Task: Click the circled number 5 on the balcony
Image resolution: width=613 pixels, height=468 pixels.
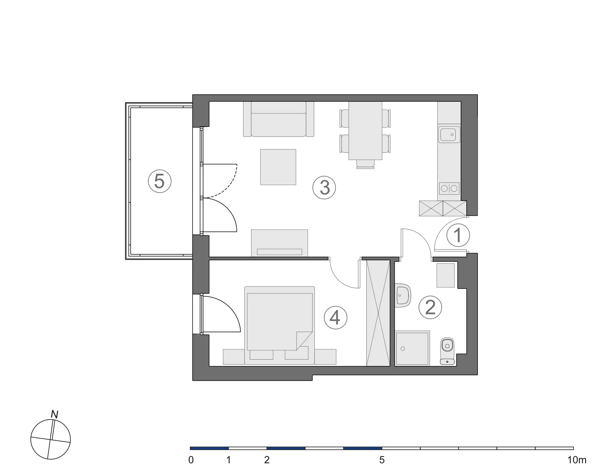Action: pos(159,181)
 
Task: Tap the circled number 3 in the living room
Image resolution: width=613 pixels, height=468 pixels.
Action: pos(324,187)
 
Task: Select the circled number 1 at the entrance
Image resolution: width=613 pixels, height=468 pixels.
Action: pos(458,235)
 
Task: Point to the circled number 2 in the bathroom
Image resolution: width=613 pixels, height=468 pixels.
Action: pos(430,308)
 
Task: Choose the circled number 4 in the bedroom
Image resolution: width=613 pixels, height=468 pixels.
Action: pos(335,318)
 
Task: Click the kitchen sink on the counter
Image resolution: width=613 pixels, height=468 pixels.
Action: pos(449,134)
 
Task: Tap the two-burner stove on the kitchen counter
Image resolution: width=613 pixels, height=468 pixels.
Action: pos(449,189)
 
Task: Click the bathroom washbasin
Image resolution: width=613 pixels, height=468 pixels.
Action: pos(403,296)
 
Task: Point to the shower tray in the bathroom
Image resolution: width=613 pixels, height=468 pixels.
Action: pos(412,348)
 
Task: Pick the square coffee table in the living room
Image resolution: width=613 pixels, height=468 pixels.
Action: pos(278,167)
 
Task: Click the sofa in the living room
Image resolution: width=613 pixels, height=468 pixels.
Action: pos(278,119)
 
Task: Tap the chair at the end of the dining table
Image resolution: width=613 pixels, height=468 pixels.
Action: pos(365,164)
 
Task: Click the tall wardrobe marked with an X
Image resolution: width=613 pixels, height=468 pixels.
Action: pos(378,313)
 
